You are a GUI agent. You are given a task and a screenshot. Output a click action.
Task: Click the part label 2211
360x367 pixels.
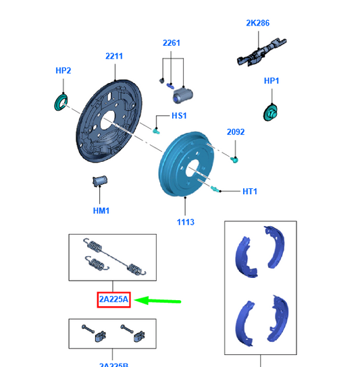click(x=113, y=57)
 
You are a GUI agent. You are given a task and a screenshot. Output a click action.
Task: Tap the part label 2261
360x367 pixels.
click(x=172, y=43)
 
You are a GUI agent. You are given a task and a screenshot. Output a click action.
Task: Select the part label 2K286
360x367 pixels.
click(x=257, y=23)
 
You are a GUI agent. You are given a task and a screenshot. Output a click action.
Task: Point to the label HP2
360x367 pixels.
click(x=63, y=70)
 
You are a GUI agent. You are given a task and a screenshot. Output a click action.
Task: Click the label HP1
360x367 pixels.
click(x=272, y=81)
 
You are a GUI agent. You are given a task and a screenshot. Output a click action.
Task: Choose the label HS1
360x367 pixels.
click(x=179, y=116)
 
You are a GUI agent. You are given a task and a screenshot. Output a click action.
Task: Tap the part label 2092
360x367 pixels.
click(x=236, y=132)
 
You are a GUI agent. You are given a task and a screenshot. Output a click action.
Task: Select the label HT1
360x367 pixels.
click(x=249, y=192)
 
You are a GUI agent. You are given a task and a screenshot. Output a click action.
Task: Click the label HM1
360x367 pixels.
click(x=101, y=210)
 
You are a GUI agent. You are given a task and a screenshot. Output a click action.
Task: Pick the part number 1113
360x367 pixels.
click(x=186, y=222)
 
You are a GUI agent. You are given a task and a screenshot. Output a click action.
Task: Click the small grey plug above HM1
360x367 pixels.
click(x=101, y=181)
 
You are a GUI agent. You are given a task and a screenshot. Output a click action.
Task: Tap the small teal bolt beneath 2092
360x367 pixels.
click(x=234, y=159)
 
